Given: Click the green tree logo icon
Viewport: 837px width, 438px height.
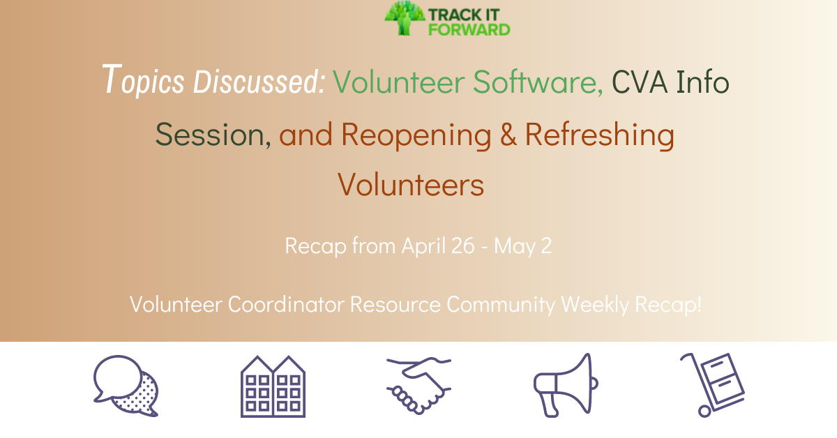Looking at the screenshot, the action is click(x=405, y=18).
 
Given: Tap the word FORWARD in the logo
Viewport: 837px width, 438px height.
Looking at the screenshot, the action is click(x=469, y=30).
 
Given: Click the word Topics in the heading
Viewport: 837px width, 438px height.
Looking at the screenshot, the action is click(x=143, y=80).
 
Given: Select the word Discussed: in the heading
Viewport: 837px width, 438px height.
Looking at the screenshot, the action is click(x=259, y=81).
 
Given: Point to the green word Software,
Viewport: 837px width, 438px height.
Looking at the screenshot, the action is click(x=538, y=82).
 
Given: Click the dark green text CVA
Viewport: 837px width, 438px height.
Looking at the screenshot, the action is click(x=640, y=82).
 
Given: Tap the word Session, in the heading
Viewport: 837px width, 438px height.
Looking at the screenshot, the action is click(x=213, y=134).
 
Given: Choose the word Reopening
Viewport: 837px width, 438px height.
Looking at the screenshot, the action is click(x=416, y=135).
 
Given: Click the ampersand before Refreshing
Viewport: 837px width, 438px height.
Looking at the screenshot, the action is click(x=508, y=134).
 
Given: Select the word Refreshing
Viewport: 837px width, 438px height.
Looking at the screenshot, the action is click(x=600, y=135).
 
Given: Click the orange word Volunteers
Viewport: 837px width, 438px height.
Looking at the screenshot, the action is click(x=411, y=184).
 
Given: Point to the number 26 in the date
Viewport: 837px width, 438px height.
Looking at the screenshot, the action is click(x=462, y=246).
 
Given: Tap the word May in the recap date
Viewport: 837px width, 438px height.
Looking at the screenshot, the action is click(x=515, y=247).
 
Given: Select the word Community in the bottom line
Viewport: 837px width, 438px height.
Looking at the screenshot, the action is click(x=501, y=305).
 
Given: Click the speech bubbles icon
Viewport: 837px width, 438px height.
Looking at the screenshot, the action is click(x=126, y=386).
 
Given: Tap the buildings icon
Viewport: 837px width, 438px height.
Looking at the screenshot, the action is click(x=273, y=386).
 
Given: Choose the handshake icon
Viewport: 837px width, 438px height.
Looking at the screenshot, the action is click(x=418, y=385).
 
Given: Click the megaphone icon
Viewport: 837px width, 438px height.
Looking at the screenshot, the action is click(x=566, y=385).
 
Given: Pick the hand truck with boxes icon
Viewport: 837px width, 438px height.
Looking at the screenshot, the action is click(x=713, y=385).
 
